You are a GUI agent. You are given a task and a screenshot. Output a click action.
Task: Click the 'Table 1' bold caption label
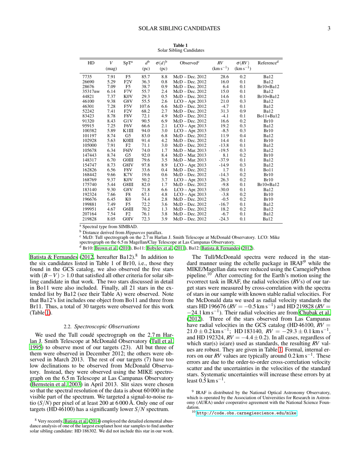(180, 45)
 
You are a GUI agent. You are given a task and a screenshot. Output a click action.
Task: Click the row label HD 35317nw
(91, 91)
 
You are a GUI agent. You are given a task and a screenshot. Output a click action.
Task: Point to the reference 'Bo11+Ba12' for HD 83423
(268, 116)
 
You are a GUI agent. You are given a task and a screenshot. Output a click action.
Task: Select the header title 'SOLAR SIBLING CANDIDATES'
(180, 28)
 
